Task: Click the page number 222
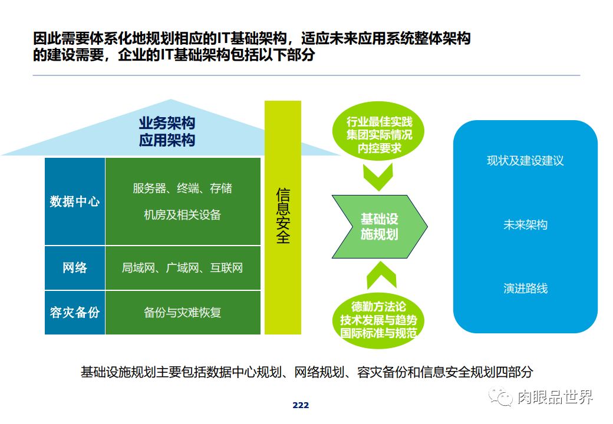coord(301,405)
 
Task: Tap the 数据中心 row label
coord(75,201)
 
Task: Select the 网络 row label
coord(75,268)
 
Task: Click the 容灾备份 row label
coord(75,312)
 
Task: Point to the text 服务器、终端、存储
coord(182,188)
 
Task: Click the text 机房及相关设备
coord(182,215)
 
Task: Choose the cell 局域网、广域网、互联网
coord(182,268)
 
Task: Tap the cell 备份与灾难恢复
coord(182,312)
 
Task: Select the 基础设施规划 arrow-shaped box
coord(379,226)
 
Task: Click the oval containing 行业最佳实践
coord(379,135)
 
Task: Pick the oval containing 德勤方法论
coord(379,320)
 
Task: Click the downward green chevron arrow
coord(378,175)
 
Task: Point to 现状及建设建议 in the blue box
coord(525,161)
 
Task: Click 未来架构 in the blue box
coord(525,225)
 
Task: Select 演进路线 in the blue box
coord(525,289)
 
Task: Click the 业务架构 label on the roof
coord(167,124)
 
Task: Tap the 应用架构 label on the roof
coord(167,141)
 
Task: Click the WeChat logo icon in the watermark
coord(503,397)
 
